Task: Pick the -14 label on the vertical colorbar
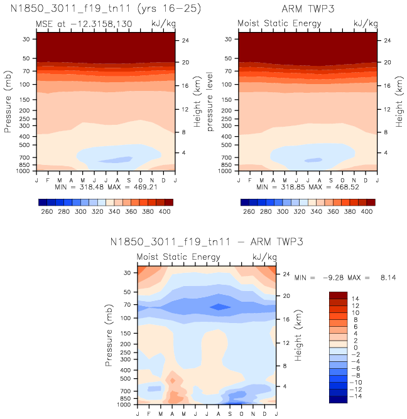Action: click(x=355, y=396)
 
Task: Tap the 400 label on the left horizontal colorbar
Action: click(x=164, y=212)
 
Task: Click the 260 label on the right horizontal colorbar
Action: click(x=249, y=212)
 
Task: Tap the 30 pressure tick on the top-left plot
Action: click(x=27, y=39)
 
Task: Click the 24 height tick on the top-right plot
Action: click(x=387, y=41)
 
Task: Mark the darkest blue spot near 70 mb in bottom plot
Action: click(x=219, y=307)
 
